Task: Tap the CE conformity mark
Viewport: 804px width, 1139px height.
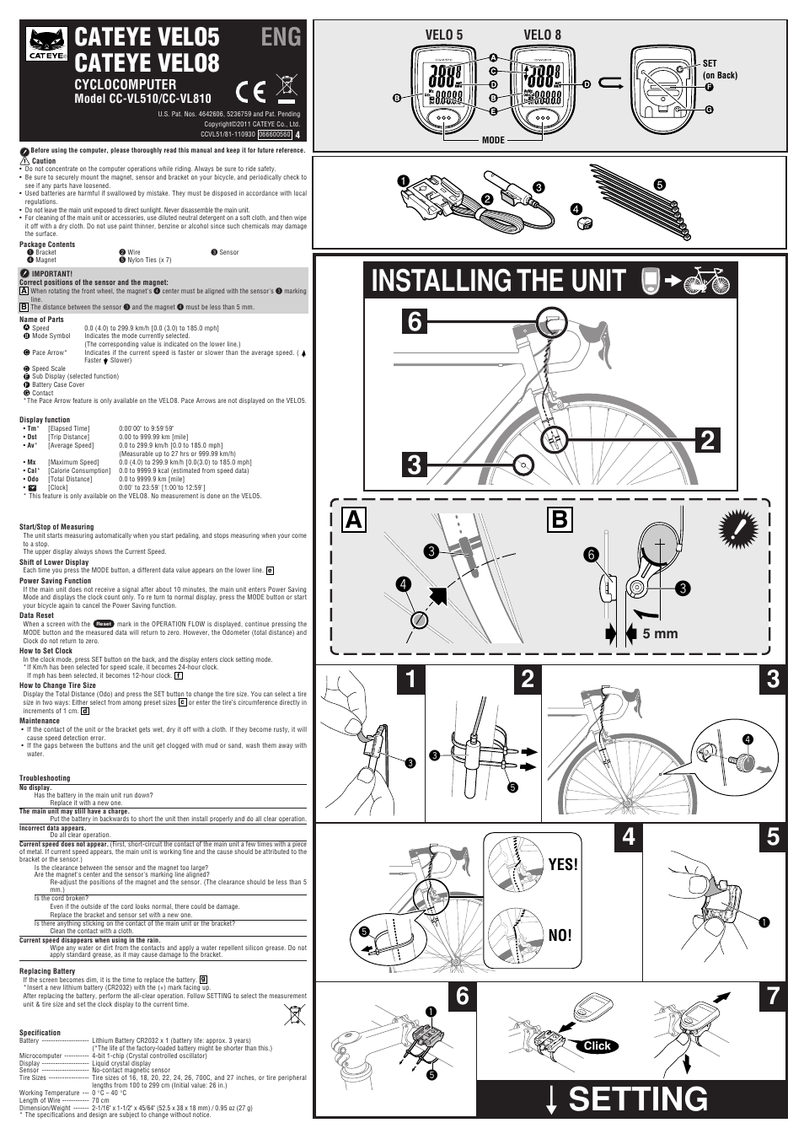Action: [x=251, y=91]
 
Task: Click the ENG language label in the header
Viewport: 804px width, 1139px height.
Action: [x=281, y=36]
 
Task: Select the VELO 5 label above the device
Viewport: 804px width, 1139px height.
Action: [x=443, y=35]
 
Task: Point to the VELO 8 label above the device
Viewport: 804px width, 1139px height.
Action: [x=542, y=35]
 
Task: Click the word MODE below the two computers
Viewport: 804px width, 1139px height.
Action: [x=493, y=140]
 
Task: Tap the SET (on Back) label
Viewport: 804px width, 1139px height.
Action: [x=719, y=69]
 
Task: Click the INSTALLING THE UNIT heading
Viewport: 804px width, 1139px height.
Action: [x=498, y=281]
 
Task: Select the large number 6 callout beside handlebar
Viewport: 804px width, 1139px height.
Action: [x=414, y=322]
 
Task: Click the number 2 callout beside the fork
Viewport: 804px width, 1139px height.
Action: [x=708, y=439]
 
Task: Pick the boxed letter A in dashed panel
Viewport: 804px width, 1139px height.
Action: [x=354, y=520]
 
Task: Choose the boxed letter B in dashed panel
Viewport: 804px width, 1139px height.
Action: [x=559, y=520]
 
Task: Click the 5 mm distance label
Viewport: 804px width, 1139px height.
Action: [x=660, y=633]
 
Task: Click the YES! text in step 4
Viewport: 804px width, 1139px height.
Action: [x=563, y=864]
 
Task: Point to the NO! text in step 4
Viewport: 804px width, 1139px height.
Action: [x=560, y=935]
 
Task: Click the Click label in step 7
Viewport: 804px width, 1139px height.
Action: [x=597, y=1045]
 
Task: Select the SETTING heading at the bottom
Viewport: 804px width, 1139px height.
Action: [x=637, y=1099]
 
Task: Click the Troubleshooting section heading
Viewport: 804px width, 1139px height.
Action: [x=45, y=778]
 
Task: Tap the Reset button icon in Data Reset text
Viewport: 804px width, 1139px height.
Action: [x=103, y=624]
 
